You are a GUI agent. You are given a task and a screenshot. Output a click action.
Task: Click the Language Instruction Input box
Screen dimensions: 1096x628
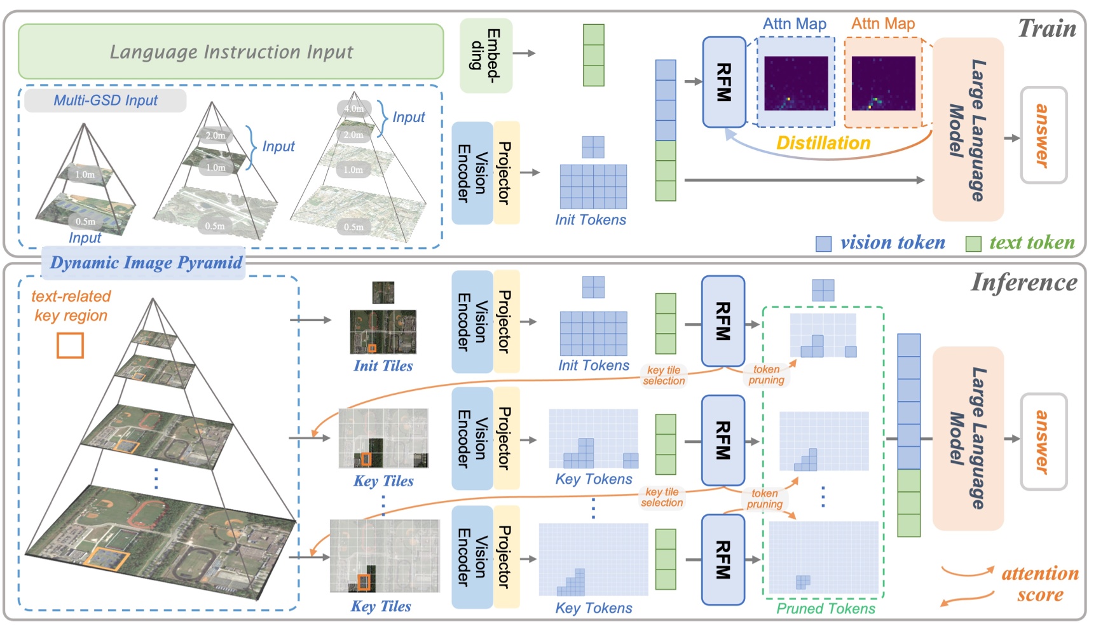231,51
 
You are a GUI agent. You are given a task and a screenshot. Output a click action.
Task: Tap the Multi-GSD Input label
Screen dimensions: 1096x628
106,100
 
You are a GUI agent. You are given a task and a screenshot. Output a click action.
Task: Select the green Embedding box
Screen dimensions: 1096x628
486,55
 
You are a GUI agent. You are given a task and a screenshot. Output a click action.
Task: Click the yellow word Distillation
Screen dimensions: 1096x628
823,143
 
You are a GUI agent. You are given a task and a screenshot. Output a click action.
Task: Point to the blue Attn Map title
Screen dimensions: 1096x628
795,24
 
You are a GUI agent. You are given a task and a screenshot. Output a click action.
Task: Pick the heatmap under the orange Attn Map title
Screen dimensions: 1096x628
884,83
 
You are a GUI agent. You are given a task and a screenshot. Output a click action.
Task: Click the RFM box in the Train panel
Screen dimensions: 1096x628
724,82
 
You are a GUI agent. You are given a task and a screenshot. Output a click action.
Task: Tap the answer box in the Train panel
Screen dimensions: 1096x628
1043,135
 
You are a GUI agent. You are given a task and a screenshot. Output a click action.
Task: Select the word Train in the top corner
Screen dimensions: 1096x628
1047,29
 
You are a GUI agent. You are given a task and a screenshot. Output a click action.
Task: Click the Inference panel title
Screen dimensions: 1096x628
1024,283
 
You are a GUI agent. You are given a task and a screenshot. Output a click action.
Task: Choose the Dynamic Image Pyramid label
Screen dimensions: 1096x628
146,263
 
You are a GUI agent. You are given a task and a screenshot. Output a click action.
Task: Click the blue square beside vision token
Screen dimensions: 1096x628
823,243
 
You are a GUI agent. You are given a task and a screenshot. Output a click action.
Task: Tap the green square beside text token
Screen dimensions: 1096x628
973,243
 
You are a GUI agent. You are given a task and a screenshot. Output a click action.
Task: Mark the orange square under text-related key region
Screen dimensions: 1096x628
71,345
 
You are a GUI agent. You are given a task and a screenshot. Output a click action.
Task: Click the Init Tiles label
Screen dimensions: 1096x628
383,365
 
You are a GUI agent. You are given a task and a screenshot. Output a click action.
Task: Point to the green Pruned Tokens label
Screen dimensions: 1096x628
826,608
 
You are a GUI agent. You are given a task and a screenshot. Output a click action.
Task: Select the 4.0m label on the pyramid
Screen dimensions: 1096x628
354,109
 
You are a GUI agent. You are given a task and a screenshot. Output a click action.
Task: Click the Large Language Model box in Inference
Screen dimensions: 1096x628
968,439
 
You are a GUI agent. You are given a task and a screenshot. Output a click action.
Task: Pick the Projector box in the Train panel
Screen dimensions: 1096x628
506,173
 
